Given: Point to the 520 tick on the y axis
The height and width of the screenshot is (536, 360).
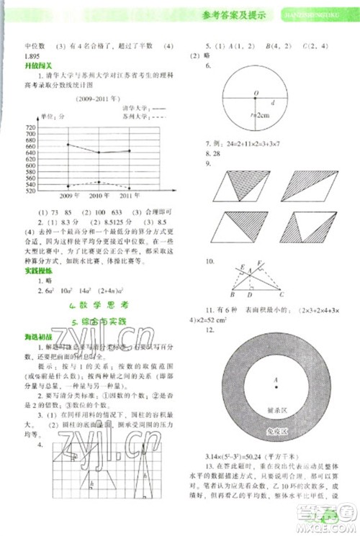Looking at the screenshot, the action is [x=30, y=190].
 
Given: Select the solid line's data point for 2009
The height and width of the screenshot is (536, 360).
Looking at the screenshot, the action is [x=68, y=144].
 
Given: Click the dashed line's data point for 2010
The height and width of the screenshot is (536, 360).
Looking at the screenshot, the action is [x=99, y=182].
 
